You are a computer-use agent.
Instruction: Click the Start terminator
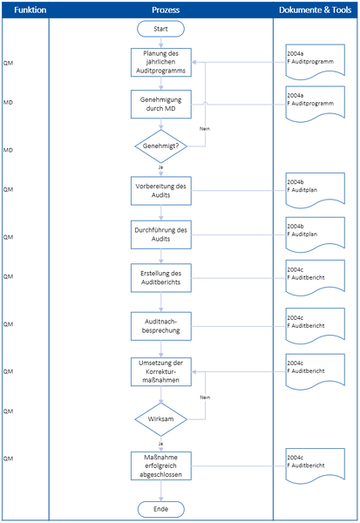click(160, 28)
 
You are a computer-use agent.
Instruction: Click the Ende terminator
click(160, 509)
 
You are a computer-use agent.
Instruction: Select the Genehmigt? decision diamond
click(160, 146)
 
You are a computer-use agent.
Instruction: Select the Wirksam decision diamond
click(160, 418)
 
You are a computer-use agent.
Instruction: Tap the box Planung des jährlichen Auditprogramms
click(160, 63)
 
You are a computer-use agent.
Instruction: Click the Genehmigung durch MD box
click(160, 105)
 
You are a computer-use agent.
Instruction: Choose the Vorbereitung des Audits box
click(160, 191)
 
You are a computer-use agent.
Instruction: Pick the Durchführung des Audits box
click(160, 234)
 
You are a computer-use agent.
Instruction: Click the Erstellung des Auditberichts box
click(160, 278)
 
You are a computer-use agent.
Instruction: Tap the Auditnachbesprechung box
click(160, 325)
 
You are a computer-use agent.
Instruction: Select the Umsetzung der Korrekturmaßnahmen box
click(160, 372)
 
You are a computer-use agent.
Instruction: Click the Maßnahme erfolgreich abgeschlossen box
click(160, 464)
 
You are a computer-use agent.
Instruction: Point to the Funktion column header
click(24, 10)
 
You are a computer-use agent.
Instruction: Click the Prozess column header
click(160, 10)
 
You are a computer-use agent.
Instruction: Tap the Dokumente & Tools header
click(316, 10)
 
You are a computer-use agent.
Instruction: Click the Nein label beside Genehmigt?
click(205, 128)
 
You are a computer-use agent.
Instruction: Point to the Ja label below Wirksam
click(160, 443)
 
